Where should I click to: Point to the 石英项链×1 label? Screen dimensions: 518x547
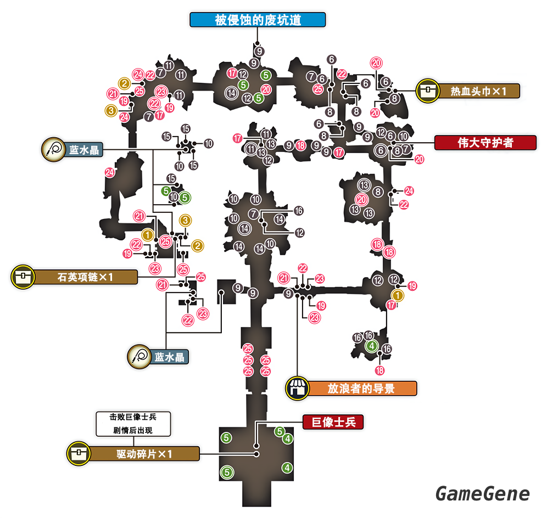85,277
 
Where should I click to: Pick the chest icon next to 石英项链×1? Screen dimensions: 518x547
22,277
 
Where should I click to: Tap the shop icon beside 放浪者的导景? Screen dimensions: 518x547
297,388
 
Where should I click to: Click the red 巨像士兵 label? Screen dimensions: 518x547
333,422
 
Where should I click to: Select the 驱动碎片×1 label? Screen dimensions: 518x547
144,454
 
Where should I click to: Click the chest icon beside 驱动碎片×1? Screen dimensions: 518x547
77,454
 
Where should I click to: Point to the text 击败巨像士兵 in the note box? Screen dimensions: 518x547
134,417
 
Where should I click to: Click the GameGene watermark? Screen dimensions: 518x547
483,493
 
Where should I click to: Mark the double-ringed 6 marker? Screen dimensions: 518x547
380,150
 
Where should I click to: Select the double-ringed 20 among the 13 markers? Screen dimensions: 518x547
361,200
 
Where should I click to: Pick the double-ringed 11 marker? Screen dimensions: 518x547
252,149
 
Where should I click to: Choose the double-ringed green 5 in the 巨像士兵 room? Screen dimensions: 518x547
226,471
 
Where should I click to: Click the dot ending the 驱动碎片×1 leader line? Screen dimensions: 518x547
256,454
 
